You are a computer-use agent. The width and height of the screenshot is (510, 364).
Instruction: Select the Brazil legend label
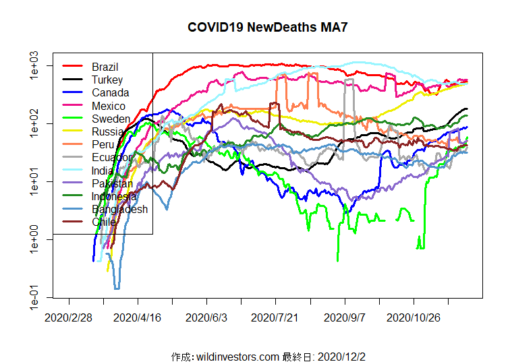pyautogui.click(x=105, y=67)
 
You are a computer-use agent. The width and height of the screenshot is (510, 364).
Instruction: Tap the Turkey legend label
pyautogui.click(x=107, y=80)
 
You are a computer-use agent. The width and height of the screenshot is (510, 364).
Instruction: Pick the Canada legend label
pyautogui.click(x=111, y=93)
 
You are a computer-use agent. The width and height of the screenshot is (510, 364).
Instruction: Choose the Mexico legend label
pyautogui.click(x=109, y=106)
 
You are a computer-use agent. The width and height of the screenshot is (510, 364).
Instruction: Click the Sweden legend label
pyautogui.click(x=111, y=119)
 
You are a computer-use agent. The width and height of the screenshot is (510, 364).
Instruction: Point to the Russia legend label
pyautogui.click(x=108, y=131)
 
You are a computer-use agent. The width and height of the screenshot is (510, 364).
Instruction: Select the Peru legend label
pyautogui.click(x=103, y=144)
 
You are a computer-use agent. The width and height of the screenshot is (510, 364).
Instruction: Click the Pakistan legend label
pyautogui.click(x=113, y=183)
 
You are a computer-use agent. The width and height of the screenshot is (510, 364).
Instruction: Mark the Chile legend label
pyautogui.click(x=105, y=222)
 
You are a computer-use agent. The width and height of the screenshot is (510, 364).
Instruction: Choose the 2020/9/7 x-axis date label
pyautogui.click(x=345, y=316)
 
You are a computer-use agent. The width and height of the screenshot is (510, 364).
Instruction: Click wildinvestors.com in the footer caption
pyautogui.click(x=237, y=356)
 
